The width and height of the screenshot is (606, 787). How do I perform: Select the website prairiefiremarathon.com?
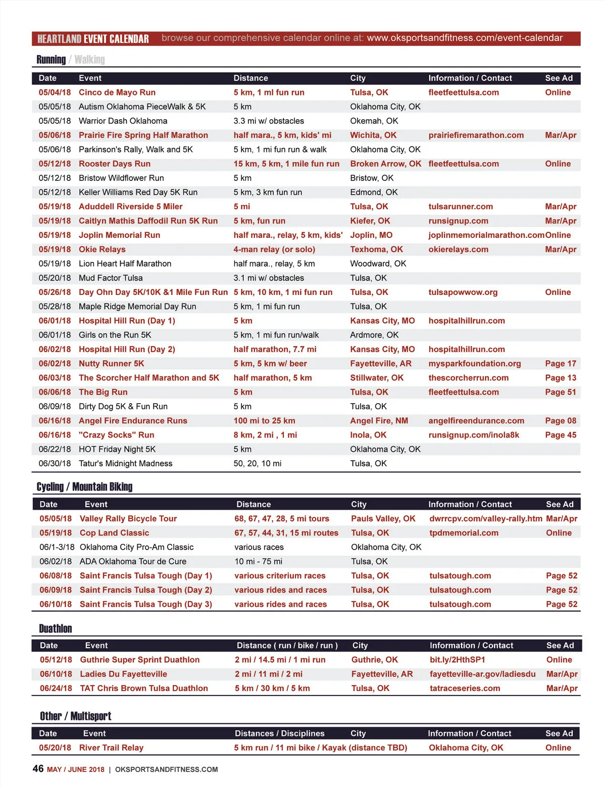476,135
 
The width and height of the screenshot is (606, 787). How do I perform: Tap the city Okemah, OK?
374,121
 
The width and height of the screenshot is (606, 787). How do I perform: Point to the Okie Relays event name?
102,250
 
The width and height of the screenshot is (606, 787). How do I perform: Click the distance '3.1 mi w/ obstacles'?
269,278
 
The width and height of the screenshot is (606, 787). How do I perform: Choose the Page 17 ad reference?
560,364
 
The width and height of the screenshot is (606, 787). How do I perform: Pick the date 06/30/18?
55,464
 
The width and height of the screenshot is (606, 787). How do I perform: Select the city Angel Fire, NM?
379,421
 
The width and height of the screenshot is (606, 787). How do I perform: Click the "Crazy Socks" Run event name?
116,435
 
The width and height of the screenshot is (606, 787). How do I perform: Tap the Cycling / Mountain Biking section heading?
84,487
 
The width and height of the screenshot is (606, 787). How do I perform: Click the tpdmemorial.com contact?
464,533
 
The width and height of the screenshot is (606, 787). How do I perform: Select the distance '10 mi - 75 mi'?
258,562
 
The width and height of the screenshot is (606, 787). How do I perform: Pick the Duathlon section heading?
56,629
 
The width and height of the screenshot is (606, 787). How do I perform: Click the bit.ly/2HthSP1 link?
457,660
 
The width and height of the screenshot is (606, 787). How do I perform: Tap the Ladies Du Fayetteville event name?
123,674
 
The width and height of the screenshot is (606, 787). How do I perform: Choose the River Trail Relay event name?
111,748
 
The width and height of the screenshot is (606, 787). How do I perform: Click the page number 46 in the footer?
38,769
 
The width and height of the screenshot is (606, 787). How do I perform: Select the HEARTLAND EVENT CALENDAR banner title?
93,39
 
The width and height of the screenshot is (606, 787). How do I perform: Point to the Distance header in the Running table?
250,78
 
